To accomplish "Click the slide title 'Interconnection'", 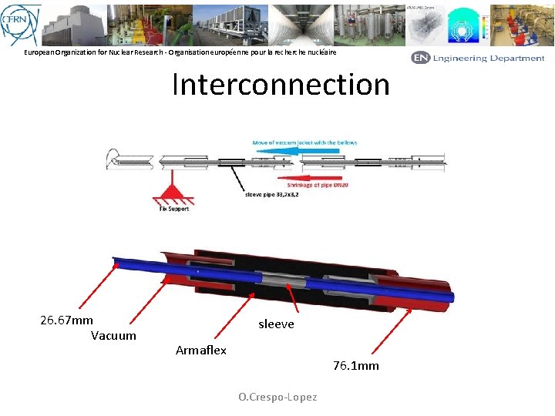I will click(x=281, y=84).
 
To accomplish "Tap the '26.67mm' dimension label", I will click(x=66, y=320).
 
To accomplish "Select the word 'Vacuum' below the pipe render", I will click(x=113, y=335).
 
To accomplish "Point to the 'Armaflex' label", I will click(x=201, y=351).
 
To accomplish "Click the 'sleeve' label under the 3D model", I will click(x=276, y=324).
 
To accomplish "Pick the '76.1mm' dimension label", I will click(x=356, y=365).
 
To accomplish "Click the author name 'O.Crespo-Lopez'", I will click(x=277, y=397).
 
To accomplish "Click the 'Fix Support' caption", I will click(x=173, y=209).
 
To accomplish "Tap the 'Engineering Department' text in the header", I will click(x=489, y=58).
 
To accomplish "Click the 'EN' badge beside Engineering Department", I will click(x=420, y=58).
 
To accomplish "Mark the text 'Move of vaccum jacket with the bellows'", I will click(x=304, y=143).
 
